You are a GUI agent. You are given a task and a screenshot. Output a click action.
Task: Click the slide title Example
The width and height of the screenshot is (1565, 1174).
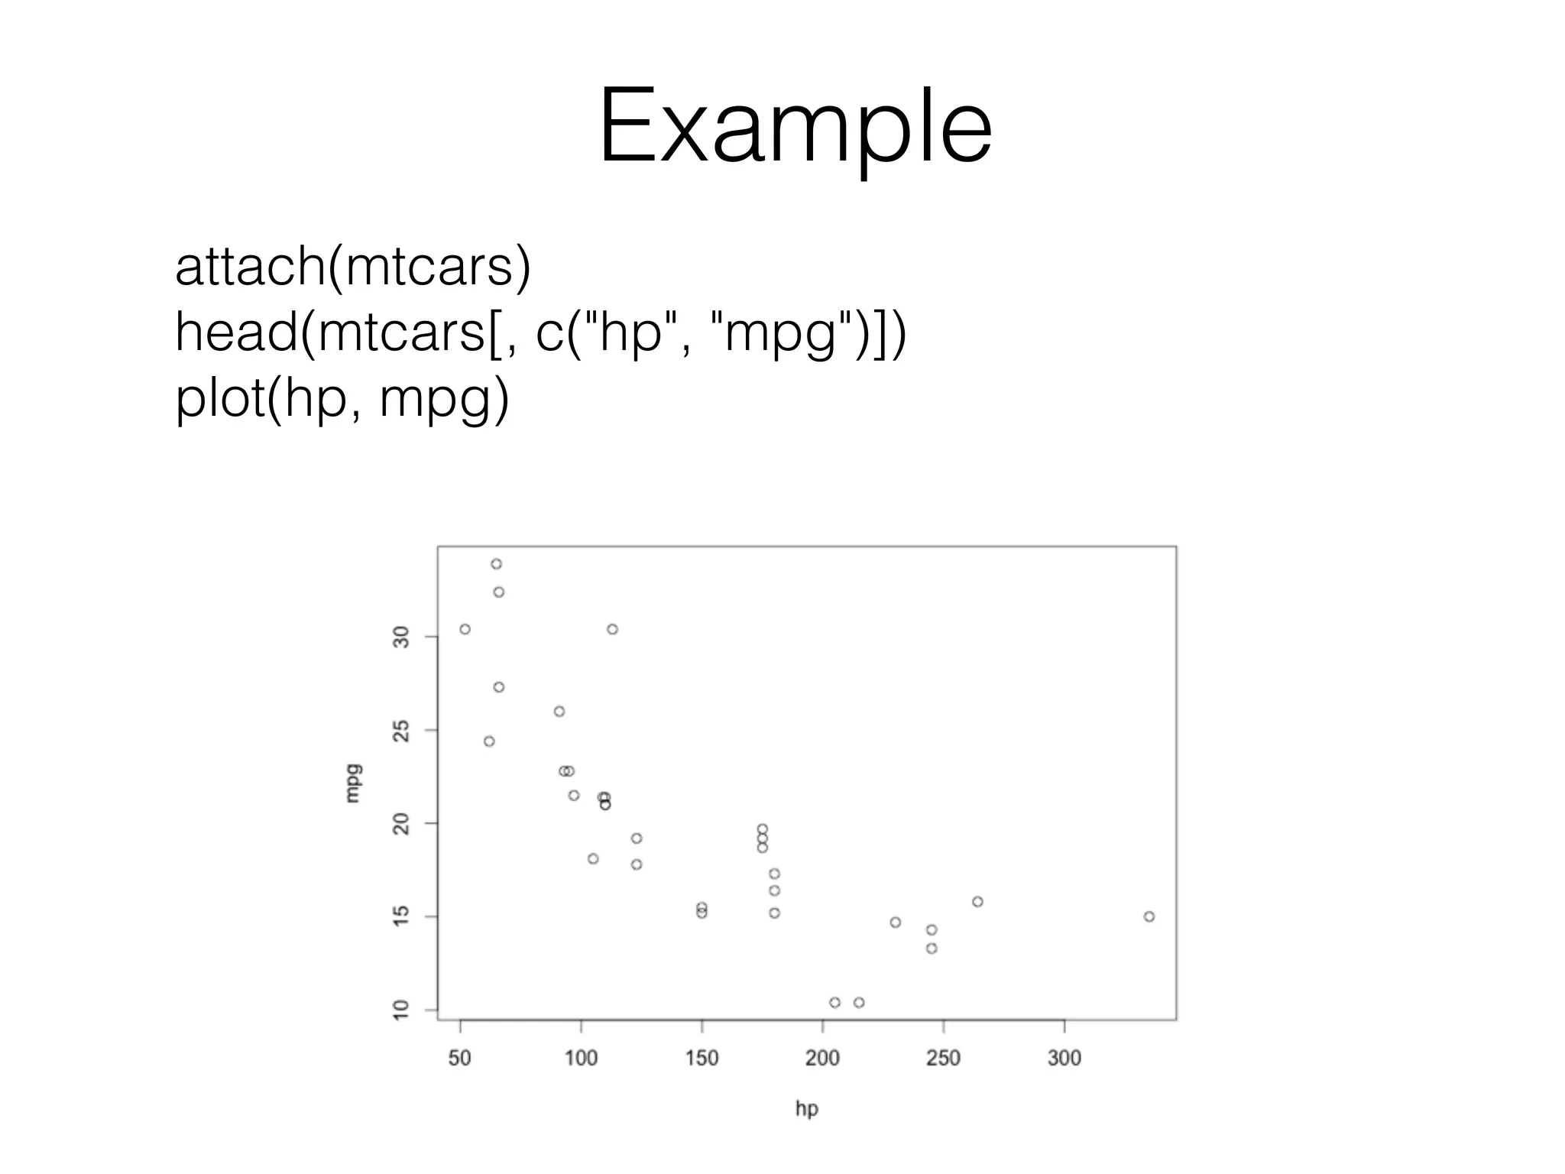pyautogui.click(x=795, y=126)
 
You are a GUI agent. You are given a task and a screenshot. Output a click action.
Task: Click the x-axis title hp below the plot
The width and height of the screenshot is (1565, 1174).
pyautogui.click(x=806, y=1108)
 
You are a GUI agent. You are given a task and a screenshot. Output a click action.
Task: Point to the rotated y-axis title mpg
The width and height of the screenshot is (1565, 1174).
pyautogui.click(x=352, y=783)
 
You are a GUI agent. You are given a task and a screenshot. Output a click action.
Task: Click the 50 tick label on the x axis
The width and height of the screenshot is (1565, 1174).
pyautogui.click(x=460, y=1058)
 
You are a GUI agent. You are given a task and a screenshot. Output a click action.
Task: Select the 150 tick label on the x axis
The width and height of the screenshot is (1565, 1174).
pyautogui.click(x=701, y=1058)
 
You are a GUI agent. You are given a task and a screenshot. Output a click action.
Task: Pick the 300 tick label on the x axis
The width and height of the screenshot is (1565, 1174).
pyautogui.click(x=1064, y=1058)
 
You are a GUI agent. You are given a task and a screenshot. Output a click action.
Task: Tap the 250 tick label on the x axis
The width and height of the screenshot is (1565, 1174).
pyautogui.click(x=943, y=1058)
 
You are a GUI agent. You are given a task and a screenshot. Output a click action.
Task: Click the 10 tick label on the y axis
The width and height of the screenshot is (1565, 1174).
pyautogui.click(x=401, y=1010)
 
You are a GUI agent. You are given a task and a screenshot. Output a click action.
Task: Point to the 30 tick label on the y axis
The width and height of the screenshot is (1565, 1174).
pyautogui.click(x=401, y=636)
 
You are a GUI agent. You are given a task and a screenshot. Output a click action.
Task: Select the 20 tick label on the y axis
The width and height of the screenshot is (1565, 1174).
pyautogui.click(x=401, y=823)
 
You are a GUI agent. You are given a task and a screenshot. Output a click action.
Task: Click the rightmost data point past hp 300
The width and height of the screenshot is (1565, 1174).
pyautogui.click(x=1149, y=916)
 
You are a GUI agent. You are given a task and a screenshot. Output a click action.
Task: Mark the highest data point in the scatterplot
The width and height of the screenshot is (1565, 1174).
pyautogui.click(x=497, y=564)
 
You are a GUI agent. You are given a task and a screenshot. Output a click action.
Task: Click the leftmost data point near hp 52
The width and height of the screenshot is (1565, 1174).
pyautogui.click(x=465, y=629)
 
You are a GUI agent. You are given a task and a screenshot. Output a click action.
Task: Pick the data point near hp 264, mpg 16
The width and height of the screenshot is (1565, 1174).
pyautogui.click(x=977, y=902)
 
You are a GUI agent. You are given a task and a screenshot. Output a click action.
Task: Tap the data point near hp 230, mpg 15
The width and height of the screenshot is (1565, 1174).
pyautogui.click(x=896, y=923)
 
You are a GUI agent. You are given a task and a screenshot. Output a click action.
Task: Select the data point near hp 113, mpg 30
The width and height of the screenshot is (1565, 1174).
pyautogui.click(x=612, y=629)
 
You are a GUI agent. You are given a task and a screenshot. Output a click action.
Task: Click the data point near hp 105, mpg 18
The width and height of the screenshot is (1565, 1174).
pyautogui.click(x=593, y=858)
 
